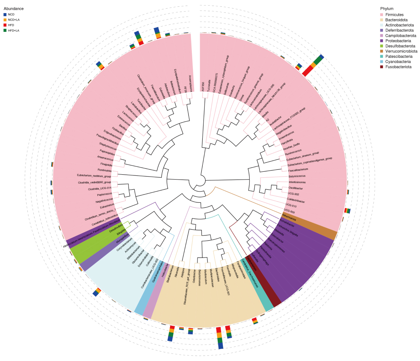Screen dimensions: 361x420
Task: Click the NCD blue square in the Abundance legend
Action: coord(5,14)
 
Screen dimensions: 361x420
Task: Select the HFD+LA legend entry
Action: coord(14,30)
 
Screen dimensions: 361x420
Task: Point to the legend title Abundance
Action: coord(14,8)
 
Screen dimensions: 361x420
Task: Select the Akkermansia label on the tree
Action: coord(289,219)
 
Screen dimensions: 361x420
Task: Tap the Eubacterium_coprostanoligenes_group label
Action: coord(309,161)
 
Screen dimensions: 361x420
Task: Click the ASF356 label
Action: coord(203,86)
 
